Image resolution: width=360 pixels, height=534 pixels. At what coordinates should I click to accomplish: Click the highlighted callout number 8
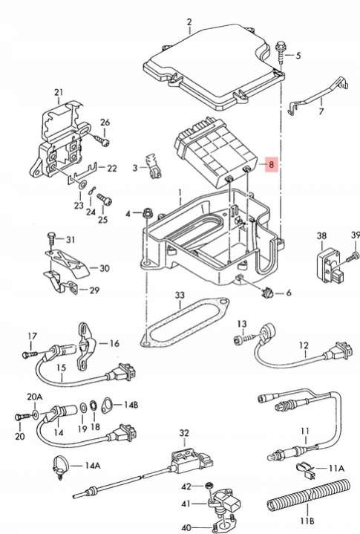271,165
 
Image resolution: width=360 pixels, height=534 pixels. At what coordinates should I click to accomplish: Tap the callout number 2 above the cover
189,22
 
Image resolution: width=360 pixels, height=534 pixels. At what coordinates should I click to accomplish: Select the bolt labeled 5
281,52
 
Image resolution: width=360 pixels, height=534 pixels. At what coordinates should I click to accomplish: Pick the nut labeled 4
148,213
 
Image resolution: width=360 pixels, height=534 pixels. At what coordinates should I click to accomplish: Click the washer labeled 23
82,185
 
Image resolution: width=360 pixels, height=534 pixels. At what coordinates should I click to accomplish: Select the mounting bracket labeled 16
85,345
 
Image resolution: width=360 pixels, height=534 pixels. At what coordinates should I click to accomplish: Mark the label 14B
131,405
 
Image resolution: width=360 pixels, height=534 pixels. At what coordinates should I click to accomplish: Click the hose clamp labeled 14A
61,464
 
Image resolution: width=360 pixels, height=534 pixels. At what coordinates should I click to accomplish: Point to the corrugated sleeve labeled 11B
308,497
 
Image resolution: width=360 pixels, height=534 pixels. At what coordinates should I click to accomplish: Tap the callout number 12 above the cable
304,345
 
